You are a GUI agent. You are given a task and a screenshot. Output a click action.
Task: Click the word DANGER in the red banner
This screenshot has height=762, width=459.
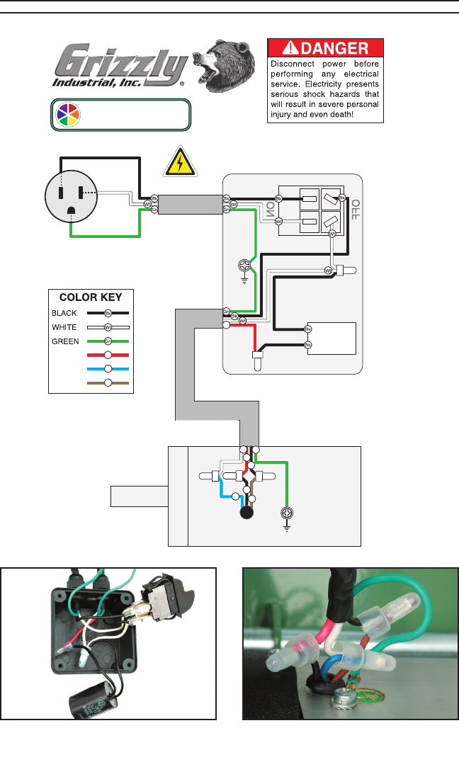click(335, 49)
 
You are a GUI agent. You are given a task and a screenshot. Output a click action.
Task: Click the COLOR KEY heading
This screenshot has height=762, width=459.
click(91, 297)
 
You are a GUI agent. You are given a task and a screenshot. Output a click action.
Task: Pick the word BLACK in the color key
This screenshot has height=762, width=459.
click(64, 312)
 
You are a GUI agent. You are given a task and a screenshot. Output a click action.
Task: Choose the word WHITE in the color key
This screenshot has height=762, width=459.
click(64, 327)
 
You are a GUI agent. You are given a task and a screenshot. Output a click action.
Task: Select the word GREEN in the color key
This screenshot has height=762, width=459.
click(64, 341)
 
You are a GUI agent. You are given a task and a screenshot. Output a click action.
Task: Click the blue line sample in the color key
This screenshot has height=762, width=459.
click(108, 369)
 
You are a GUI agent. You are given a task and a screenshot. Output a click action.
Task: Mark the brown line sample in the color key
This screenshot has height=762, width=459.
click(108, 383)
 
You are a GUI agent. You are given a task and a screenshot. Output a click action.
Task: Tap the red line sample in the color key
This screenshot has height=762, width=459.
click(108, 355)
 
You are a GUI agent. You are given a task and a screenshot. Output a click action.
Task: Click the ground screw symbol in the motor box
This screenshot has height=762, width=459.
click(287, 513)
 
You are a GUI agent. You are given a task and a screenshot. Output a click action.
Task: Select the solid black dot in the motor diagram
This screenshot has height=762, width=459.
click(247, 513)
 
